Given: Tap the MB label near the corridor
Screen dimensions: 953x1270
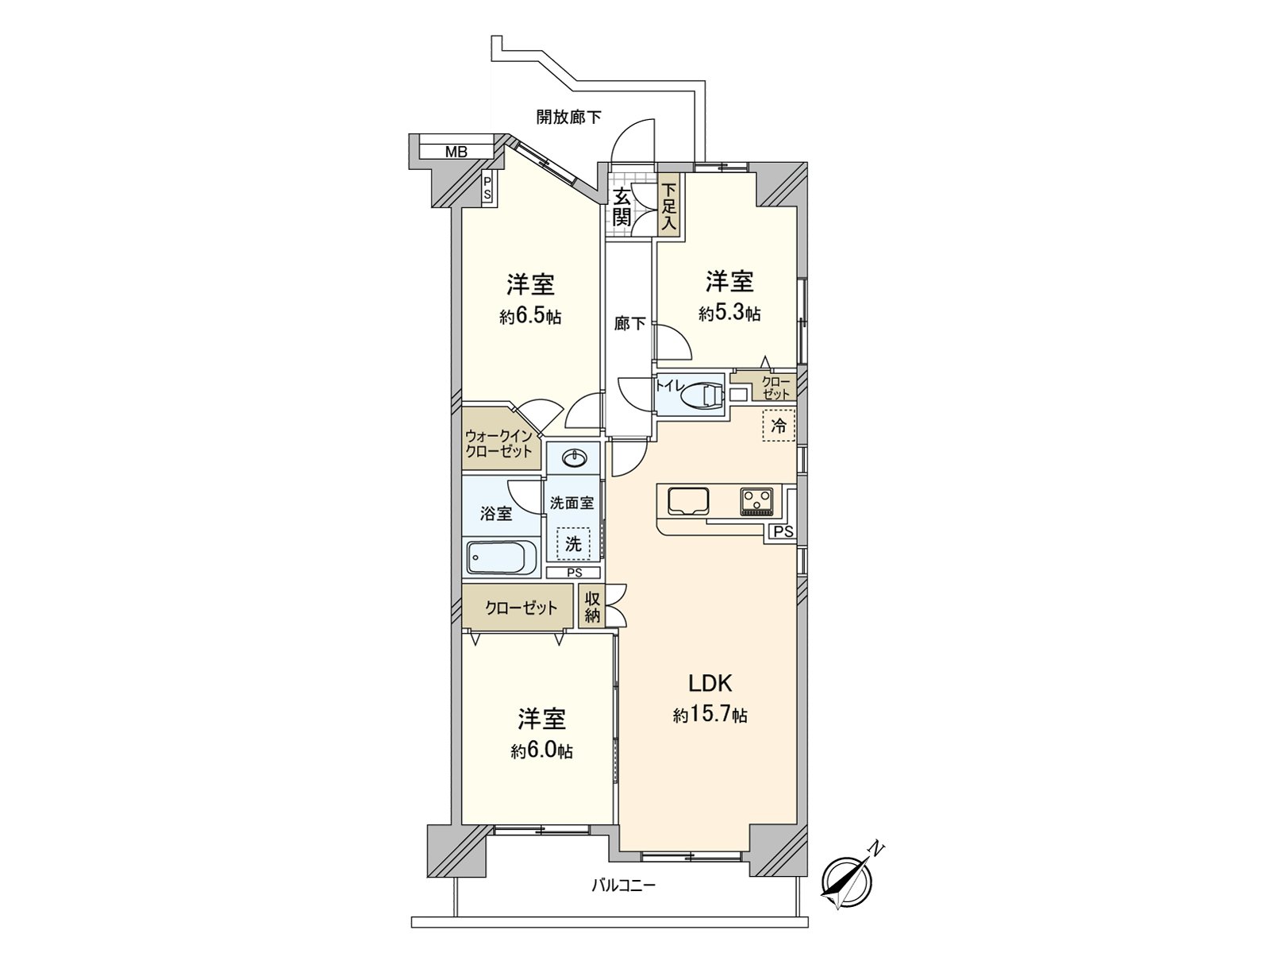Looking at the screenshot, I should point(456,152).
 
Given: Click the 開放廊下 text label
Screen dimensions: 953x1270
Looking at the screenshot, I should point(568,118).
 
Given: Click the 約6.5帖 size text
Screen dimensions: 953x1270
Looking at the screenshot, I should point(530,317).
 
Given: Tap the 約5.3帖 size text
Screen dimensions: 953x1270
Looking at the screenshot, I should point(729,314).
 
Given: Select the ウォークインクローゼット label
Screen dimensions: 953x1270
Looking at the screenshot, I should point(498,443).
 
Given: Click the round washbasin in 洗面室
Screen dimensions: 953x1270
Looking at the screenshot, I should point(572,458).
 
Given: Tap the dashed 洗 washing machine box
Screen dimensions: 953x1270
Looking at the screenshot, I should point(572,544).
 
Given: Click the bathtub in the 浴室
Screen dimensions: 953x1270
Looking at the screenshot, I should point(501,558).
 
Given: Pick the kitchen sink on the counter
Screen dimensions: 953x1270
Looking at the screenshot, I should point(687,501).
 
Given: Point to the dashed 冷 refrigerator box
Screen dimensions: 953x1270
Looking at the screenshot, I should point(779,426).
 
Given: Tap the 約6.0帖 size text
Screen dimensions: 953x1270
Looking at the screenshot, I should point(541,750).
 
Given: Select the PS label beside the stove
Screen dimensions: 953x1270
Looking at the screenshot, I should point(783,532).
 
